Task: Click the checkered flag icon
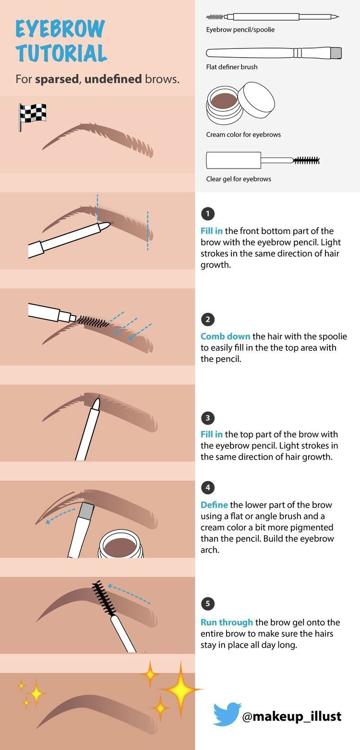32,116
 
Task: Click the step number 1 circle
207,214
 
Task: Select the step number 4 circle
207,487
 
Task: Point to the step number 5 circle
207,604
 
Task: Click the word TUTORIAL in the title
61,53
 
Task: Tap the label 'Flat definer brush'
232,67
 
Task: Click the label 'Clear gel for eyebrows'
239,179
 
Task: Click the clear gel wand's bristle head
306,160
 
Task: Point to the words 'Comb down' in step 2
225,336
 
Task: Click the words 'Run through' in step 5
227,622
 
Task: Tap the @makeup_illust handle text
292,716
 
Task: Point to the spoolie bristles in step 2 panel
94,321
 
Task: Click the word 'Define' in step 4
214,505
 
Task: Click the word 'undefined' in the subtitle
113,79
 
